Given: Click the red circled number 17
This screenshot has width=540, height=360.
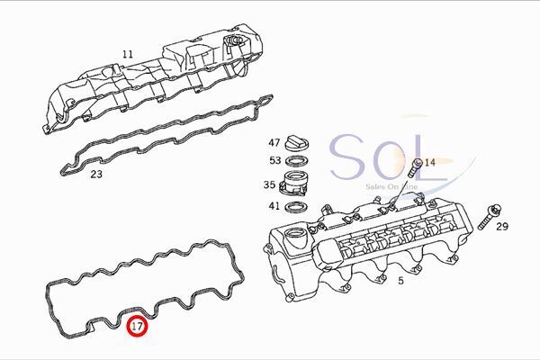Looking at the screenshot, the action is [x=137, y=326].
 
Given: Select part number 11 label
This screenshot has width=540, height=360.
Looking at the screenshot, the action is [x=128, y=54].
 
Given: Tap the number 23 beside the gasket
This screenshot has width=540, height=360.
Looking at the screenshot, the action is [x=96, y=174].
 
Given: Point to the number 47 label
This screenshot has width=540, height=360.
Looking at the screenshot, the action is [x=274, y=142].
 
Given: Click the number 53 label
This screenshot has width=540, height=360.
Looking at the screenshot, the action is [x=275, y=160].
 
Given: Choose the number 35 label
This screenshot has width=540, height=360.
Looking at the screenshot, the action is [x=269, y=184].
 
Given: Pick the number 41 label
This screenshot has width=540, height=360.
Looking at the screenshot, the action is [x=274, y=206].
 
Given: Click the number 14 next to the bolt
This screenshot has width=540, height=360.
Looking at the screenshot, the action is [x=430, y=162].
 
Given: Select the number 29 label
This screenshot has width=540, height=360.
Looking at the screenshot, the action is [x=502, y=226].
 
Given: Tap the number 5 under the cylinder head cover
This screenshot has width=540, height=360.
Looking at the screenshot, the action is [x=400, y=281].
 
